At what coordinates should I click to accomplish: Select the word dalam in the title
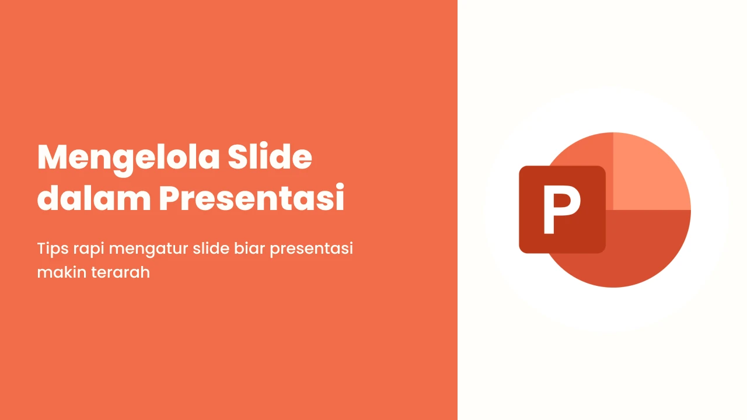tap(94, 197)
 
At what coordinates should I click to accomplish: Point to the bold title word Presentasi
tap(252, 198)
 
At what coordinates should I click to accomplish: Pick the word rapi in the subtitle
tap(89, 249)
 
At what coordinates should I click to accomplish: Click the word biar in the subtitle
tap(249, 249)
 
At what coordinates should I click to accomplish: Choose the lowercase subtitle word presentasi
tap(311, 249)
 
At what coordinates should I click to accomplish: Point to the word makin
tap(62, 272)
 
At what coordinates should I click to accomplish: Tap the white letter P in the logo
tap(562, 209)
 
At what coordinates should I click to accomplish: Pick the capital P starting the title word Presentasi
tap(169, 198)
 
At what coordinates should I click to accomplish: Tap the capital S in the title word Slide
tap(238, 157)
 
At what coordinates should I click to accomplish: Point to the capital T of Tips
tap(41, 249)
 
